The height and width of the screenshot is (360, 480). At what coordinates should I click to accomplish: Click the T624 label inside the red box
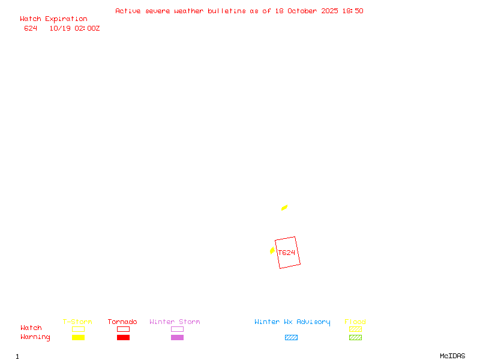(x=287, y=253)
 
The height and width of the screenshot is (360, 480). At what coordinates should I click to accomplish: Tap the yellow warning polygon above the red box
(x=284, y=208)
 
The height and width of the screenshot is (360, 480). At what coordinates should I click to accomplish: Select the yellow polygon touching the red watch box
(x=272, y=250)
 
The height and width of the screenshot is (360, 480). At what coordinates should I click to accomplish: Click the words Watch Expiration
(x=53, y=19)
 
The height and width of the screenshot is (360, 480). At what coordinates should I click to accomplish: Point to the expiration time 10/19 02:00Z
(x=74, y=28)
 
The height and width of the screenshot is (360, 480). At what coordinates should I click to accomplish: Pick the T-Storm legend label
(x=77, y=322)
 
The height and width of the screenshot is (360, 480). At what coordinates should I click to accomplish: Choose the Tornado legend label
(x=122, y=322)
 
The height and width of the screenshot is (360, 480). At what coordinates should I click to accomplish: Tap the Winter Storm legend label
(x=175, y=322)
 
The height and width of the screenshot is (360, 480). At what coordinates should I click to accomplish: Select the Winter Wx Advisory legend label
(x=292, y=322)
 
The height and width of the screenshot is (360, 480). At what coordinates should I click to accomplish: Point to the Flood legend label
(x=355, y=322)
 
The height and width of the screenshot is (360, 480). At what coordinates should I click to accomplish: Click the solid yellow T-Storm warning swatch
(x=78, y=337)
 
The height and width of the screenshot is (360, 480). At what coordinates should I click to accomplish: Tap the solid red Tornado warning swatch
(x=123, y=337)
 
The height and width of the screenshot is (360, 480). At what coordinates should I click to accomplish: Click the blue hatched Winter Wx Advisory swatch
(x=291, y=337)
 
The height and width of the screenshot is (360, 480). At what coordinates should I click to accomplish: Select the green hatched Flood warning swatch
(x=355, y=337)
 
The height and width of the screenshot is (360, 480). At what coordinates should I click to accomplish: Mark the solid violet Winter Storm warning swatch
(x=177, y=337)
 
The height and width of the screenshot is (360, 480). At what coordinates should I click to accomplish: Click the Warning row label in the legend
(x=35, y=337)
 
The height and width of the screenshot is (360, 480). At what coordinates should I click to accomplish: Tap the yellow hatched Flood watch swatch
(x=355, y=329)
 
